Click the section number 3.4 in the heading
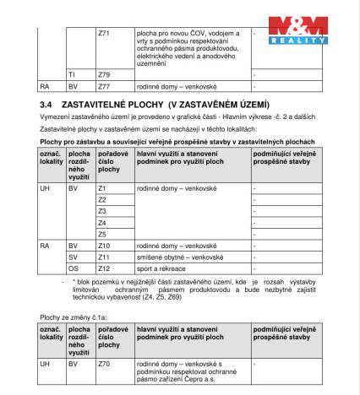click(x=46, y=103)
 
